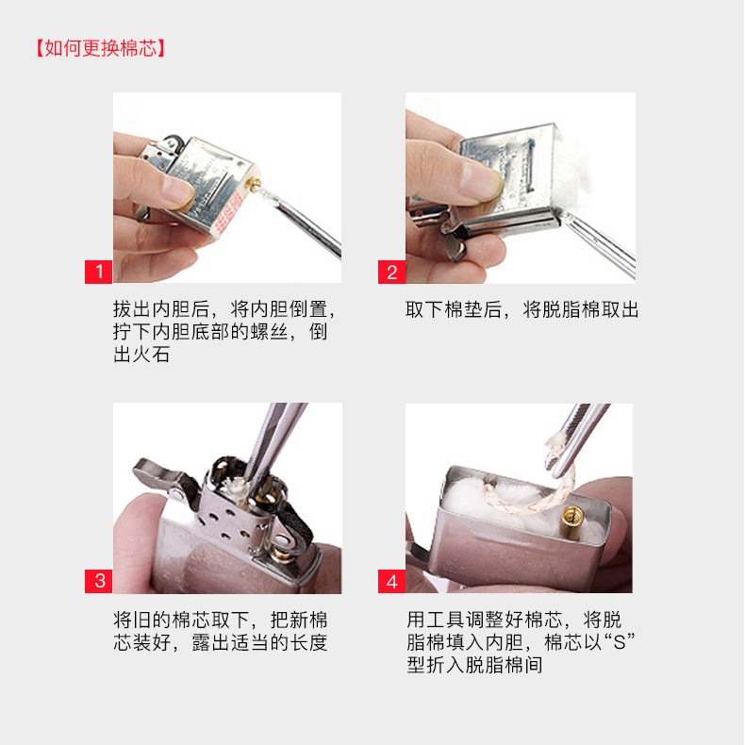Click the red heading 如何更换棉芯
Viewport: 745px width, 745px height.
101,48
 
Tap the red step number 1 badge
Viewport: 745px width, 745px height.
98,272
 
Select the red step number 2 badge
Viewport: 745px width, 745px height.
391,272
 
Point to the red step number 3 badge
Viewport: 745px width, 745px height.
98,581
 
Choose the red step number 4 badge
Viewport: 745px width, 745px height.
391,581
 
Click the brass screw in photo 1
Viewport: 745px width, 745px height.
254,184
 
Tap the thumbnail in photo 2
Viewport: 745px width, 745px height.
480,180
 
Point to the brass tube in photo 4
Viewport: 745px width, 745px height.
571,521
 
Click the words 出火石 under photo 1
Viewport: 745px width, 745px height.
141,355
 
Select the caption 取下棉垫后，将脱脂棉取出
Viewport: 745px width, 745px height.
521,309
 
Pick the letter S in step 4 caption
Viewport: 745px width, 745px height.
619,643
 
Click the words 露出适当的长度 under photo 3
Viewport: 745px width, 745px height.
260,643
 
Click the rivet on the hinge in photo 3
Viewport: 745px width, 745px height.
178,494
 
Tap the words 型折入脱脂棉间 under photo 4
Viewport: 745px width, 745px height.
474,665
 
